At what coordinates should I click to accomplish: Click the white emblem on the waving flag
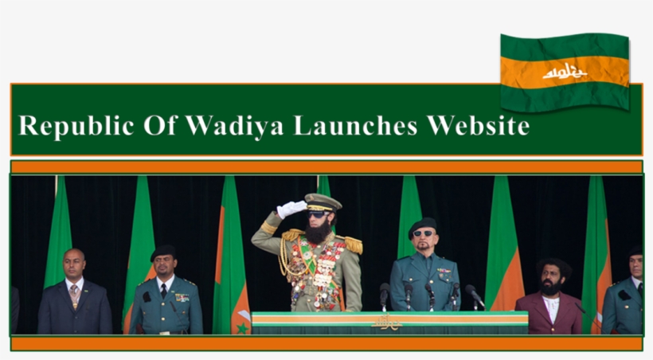coord(564,72)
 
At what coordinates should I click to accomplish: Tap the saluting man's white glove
coord(291,209)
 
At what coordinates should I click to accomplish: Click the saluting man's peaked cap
coord(323,202)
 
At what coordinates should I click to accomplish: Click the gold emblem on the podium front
coord(388,323)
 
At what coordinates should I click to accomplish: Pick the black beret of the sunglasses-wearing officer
coord(422,224)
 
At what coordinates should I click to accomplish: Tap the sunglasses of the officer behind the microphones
coord(422,234)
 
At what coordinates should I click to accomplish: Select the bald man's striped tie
coord(74,295)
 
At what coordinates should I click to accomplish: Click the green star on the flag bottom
coord(241,327)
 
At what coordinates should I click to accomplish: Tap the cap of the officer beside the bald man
coord(163,252)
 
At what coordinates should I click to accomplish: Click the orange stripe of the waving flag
coord(564,71)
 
